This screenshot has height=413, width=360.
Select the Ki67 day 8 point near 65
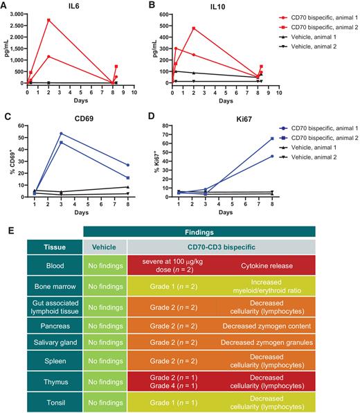271,139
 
